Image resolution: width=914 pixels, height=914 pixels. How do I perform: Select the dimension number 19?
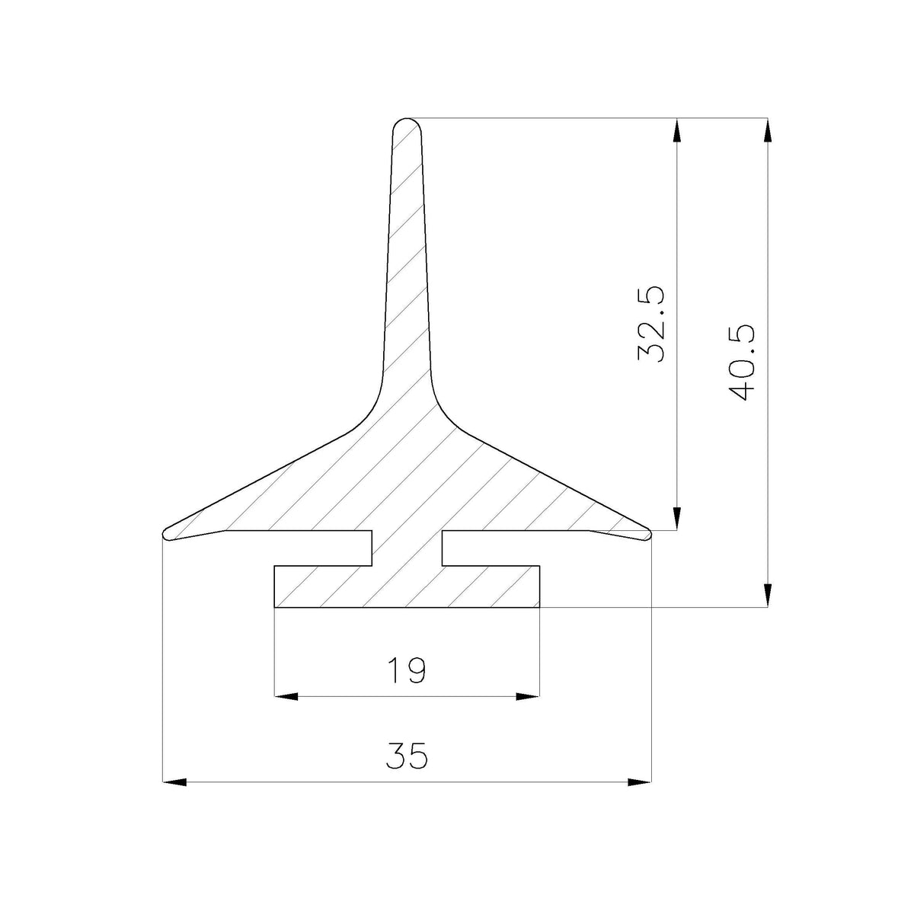[407, 670]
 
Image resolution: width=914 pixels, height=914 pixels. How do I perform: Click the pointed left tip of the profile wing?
[164, 534]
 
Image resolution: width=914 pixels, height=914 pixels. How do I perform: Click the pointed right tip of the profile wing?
[650, 534]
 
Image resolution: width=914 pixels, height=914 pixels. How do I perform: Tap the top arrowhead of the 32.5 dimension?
[677, 129]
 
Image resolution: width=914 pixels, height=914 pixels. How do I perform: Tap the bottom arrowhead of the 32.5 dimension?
[677, 519]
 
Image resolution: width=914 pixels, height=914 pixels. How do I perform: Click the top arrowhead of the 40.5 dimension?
[768, 129]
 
